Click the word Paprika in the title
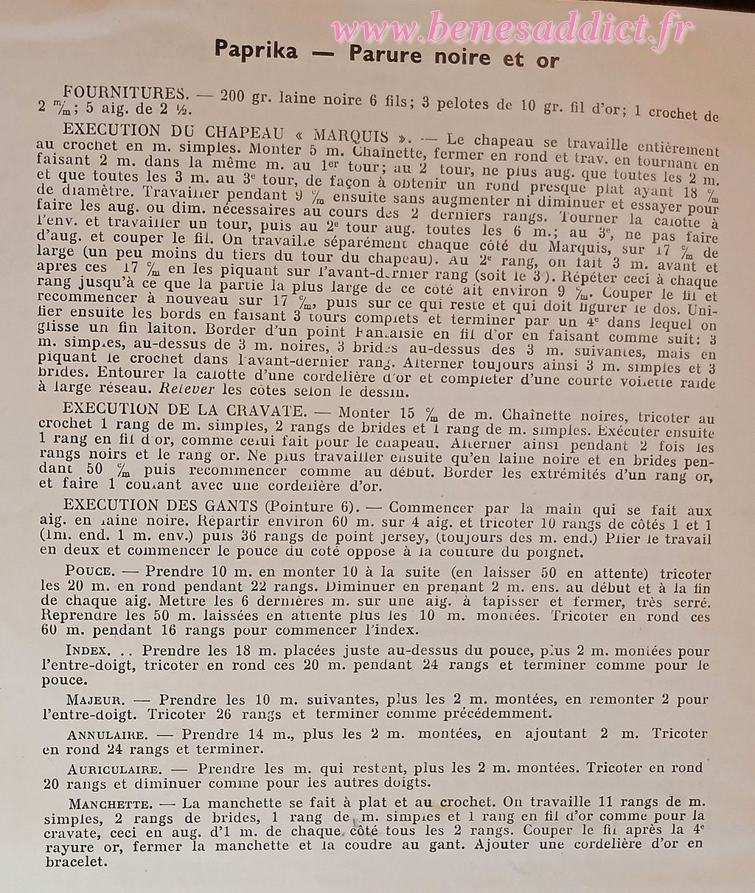(x=256, y=52)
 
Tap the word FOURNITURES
(x=123, y=94)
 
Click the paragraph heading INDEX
(x=88, y=652)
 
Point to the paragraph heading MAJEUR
(x=92, y=700)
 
